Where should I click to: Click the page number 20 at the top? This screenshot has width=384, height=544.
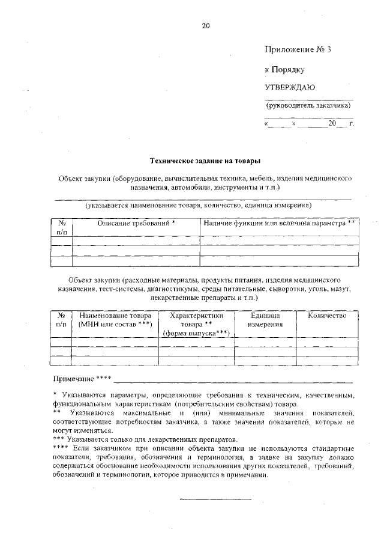[206, 26]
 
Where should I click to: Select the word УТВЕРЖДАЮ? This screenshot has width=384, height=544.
[290, 87]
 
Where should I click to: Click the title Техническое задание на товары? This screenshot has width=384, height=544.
[205, 160]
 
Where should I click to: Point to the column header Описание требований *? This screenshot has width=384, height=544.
[136, 223]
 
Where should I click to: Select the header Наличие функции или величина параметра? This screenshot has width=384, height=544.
[280, 223]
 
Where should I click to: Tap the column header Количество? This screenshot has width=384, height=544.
[327, 316]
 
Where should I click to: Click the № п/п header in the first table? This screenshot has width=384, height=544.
[61, 227]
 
